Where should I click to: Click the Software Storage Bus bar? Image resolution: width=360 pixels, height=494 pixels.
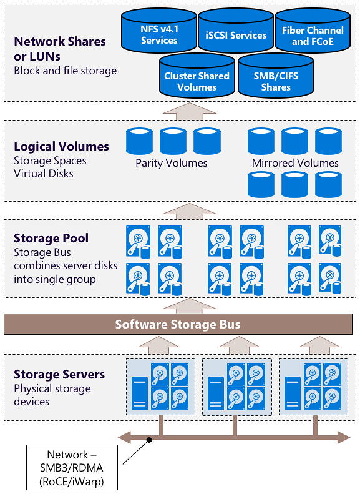coord(178,324)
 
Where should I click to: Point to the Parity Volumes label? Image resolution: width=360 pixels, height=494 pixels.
coord(172,163)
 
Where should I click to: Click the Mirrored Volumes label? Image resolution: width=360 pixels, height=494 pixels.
coord(295,163)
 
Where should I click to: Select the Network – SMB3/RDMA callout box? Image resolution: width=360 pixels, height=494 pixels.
coord(72,468)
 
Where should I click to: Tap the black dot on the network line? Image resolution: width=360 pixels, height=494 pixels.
coord(149,440)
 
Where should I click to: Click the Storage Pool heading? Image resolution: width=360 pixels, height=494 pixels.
coord(51,238)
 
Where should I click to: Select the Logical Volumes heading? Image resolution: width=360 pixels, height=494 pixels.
coord(61,146)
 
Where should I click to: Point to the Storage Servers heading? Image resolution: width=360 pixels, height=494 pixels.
coord(59,374)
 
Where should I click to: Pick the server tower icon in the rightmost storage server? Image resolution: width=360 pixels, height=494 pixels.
coord(293,394)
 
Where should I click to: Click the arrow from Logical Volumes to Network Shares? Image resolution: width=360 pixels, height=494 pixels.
coord(190,111)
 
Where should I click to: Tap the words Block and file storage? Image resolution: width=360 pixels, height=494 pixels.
coord(65,71)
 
